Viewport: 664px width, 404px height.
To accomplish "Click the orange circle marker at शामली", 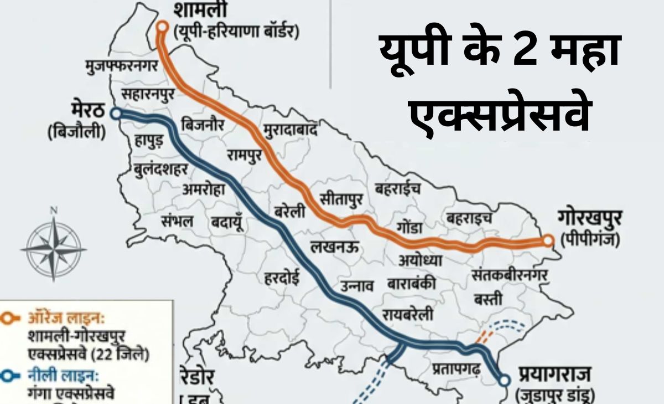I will click(162, 26).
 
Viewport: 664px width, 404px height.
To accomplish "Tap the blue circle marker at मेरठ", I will click(116, 113).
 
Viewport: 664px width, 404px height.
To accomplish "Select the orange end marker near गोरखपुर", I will click(547, 240).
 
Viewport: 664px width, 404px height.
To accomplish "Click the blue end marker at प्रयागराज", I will click(504, 380).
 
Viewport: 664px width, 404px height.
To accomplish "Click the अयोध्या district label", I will click(421, 259).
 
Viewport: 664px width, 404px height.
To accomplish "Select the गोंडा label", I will click(410, 228).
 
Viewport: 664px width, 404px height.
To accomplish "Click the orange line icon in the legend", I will click(12, 318).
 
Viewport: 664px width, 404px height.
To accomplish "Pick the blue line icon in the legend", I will click(12, 377).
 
